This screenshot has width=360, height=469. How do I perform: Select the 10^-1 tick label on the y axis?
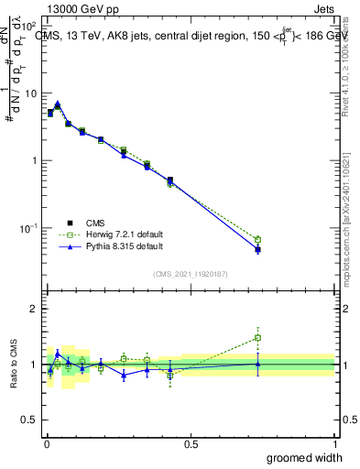pos(27,227)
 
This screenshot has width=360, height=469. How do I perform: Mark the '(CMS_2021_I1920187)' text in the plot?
pos(191,273)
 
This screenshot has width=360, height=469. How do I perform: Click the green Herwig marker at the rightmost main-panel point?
pos(257,240)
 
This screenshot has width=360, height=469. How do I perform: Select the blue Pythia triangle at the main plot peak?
pos(58,104)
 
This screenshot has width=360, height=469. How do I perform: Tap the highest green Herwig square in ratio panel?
pos(257,337)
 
